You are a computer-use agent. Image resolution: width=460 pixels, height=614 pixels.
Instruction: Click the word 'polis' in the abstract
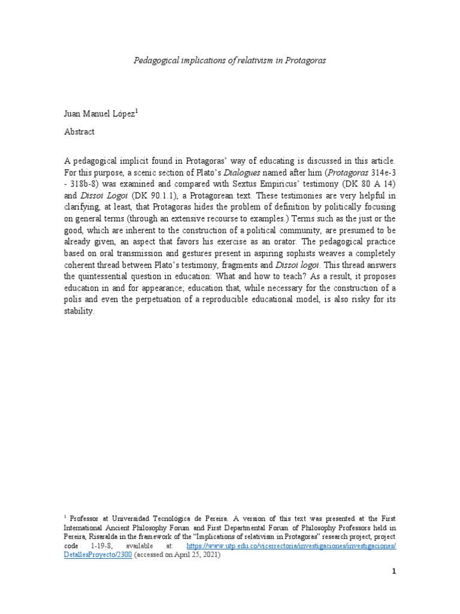coord(73,300)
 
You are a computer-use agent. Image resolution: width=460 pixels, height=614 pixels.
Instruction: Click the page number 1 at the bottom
coord(394,572)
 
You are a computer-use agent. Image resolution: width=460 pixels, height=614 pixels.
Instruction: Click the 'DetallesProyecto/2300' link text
coord(98,556)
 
